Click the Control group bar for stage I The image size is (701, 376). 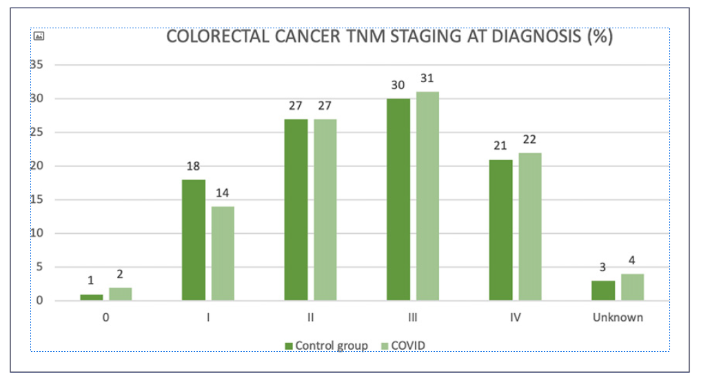pyautogui.click(x=194, y=240)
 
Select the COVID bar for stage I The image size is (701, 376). pyautogui.click(x=223, y=254)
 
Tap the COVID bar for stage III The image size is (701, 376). pyautogui.click(x=427, y=197)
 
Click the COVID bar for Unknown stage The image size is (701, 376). pyautogui.click(x=632, y=288)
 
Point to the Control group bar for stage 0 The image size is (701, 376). pyautogui.click(x=92, y=297)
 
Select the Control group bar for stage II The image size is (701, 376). pyautogui.click(x=296, y=210)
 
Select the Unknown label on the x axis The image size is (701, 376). pyautogui.click(x=617, y=318)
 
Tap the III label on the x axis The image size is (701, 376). pyautogui.click(x=412, y=318)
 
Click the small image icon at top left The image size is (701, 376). pyautogui.click(x=39, y=36)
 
